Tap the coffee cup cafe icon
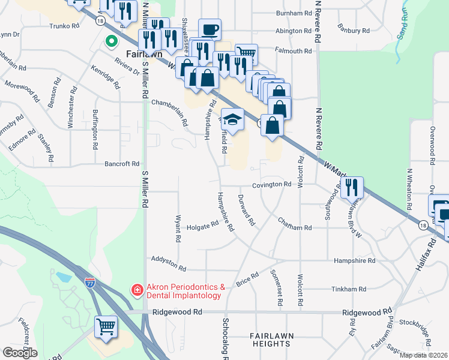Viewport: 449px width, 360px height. pyautogui.click(x=209, y=29)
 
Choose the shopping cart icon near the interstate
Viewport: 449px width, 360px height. pyautogui.click(x=106, y=327)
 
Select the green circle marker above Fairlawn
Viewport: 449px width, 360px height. pyautogui.click(x=110, y=42)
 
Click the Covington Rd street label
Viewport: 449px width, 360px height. pyautogui.click(x=271, y=185)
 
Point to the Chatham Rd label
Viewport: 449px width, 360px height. pyautogui.click(x=295, y=228)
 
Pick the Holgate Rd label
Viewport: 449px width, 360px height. pyautogui.click(x=202, y=226)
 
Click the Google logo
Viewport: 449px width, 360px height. pyautogui.click(x=20, y=353)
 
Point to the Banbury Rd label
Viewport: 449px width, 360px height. pyautogui.click(x=354, y=31)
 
